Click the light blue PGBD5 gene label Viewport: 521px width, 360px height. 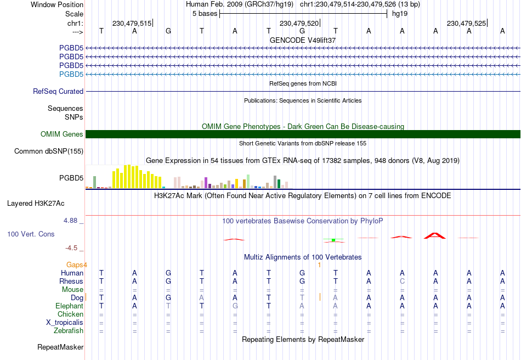pyautogui.click(x=71, y=74)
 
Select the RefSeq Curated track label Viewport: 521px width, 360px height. pyautogui.click(x=58, y=91)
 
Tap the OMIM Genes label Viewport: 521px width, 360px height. pyautogui.click(x=62, y=134)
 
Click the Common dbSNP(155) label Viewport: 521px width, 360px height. pyautogui.click(x=49, y=151)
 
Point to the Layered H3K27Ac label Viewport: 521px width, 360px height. pyautogui.click(x=36, y=204)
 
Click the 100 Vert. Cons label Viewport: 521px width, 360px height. pyautogui.click(x=31, y=234)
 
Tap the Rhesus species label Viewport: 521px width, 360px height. pyautogui.click(x=71, y=281)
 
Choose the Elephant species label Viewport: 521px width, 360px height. pyautogui.click(x=70, y=306)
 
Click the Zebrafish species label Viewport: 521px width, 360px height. pyautogui.click(x=69, y=331)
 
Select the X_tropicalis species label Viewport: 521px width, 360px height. pyautogui.click(x=65, y=323)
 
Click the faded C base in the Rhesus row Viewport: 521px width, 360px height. pyautogui.click(x=402, y=281)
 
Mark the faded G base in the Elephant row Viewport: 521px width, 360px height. pyautogui.click(x=235, y=306)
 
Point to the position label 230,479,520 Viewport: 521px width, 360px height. pyautogui.click(x=299, y=23)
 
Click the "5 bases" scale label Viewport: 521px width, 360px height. pyautogui.click(x=205, y=14)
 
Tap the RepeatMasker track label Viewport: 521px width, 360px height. pyautogui.click(x=60, y=347)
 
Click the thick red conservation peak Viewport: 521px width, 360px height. pyautogui.click(x=435, y=235)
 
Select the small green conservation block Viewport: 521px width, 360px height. pyautogui.click(x=333, y=240)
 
